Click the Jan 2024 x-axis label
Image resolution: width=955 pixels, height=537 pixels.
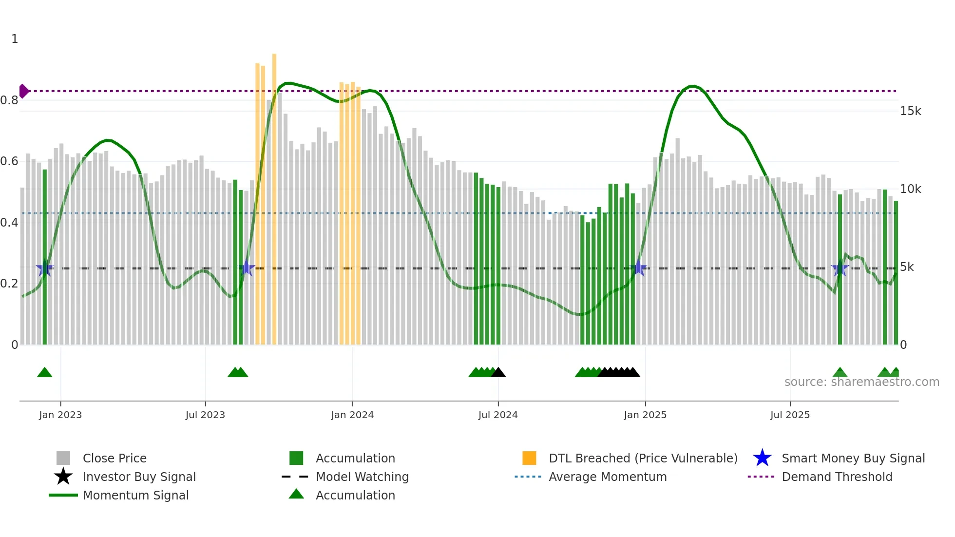coord(352,415)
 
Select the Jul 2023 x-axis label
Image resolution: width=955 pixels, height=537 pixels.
coord(205,415)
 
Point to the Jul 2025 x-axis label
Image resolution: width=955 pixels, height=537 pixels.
coord(790,415)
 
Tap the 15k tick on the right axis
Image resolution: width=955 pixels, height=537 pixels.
coord(910,111)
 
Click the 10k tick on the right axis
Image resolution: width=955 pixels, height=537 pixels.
coord(910,189)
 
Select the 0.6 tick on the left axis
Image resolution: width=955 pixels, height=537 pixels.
coord(9,161)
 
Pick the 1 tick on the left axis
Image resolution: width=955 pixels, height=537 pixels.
coord(15,39)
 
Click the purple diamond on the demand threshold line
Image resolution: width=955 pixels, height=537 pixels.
coord(23,91)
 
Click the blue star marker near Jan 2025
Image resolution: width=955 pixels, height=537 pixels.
coord(639,268)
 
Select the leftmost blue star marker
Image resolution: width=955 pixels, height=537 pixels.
coord(45,268)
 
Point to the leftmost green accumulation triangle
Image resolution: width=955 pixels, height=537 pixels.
coord(44,373)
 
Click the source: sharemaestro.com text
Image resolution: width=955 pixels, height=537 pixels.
coord(861,382)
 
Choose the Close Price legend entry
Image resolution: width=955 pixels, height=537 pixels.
coord(115,459)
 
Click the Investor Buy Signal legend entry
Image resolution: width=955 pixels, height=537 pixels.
coord(139,477)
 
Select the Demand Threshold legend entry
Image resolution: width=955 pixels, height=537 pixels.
coord(837,477)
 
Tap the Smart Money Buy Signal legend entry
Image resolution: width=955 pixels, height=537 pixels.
coord(853,459)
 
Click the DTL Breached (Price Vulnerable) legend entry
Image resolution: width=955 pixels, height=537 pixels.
coord(643,459)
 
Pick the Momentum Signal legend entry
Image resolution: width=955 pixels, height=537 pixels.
coord(135,496)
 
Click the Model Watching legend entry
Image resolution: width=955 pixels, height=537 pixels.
coord(362,477)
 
